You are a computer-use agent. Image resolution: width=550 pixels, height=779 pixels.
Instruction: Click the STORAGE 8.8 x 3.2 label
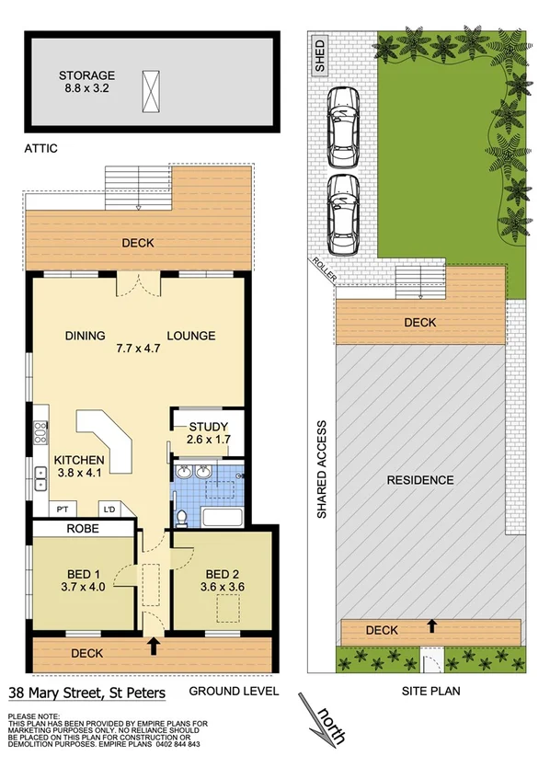[87, 83]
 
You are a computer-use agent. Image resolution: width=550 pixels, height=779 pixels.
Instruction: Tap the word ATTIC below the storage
[41, 147]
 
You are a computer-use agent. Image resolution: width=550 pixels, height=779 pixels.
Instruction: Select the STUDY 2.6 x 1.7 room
[208, 433]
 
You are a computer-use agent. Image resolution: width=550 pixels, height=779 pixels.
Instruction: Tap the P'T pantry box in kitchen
[64, 508]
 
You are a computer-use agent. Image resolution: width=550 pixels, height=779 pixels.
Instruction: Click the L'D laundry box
[109, 508]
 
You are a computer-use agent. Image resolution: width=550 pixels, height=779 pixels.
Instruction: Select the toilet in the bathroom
[183, 517]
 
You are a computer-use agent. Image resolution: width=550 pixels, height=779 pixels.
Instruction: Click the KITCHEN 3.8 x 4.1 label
[78, 468]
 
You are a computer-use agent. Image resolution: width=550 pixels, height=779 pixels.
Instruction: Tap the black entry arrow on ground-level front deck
[154, 646]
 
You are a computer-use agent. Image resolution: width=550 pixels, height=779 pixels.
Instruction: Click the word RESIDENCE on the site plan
[419, 480]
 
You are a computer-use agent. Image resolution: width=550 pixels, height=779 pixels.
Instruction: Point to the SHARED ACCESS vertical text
[322, 470]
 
